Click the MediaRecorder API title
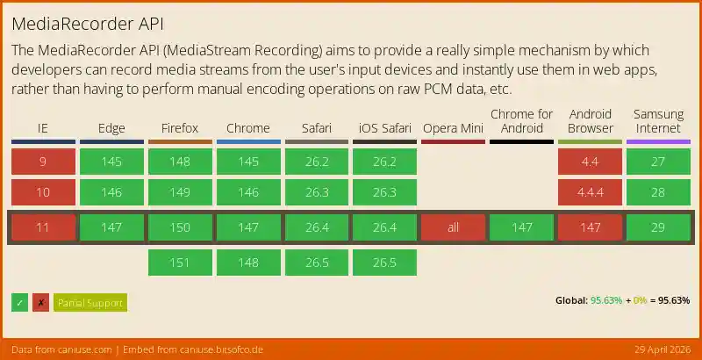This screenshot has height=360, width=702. pyautogui.click(x=87, y=23)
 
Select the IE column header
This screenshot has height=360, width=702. pyautogui.click(x=43, y=128)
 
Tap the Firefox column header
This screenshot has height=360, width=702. pyautogui.click(x=180, y=128)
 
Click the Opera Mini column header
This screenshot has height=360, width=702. pyautogui.click(x=453, y=128)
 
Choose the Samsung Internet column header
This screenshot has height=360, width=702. pyautogui.click(x=658, y=121)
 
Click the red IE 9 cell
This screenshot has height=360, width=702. pyautogui.click(x=43, y=162)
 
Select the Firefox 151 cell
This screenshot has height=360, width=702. pyautogui.click(x=180, y=262)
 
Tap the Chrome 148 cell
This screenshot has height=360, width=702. pyautogui.click(x=248, y=262)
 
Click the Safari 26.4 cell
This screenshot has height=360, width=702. pyautogui.click(x=317, y=228)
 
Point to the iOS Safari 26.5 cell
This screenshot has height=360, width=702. pyautogui.click(x=384, y=262)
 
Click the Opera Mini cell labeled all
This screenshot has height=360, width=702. pyautogui.click(x=453, y=228)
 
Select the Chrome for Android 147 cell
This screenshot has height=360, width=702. pyautogui.click(x=521, y=228)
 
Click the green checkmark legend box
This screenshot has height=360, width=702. pyautogui.click(x=19, y=303)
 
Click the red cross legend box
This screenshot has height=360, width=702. pyautogui.click(x=40, y=303)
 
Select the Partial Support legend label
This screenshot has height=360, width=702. pyautogui.click(x=90, y=303)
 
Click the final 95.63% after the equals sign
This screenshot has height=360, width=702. pyautogui.click(x=672, y=300)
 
